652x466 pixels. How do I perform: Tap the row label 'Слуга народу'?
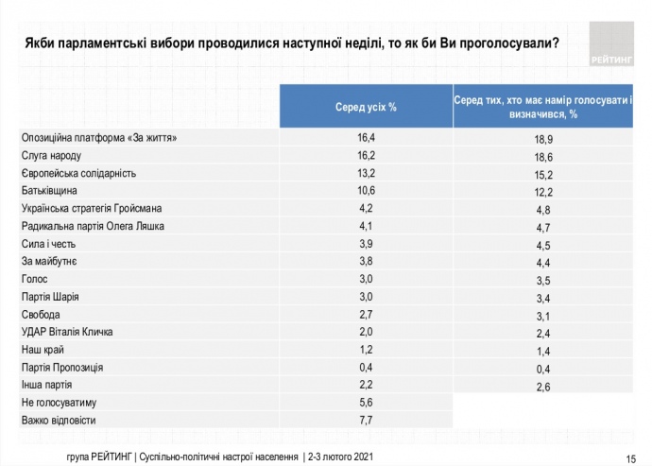pyautogui.click(x=58, y=155)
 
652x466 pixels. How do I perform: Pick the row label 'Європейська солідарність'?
pyautogui.click(x=79, y=173)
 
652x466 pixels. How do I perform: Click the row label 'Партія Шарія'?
pyautogui.click(x=52, y=297)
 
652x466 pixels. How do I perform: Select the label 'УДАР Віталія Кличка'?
pyautogui.click(x=68, y=332)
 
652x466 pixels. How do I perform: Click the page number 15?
pyautogui.click(x=630, y=456)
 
